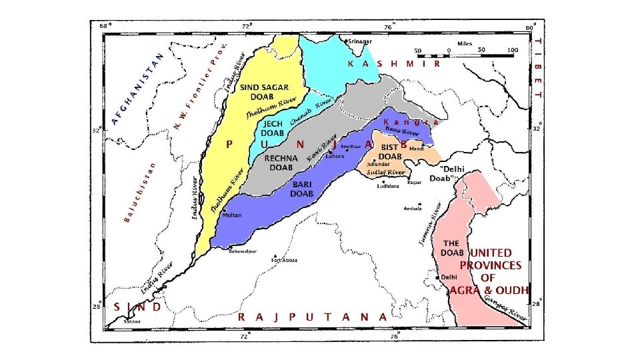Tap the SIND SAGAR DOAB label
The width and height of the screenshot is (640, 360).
(x=265, y=92)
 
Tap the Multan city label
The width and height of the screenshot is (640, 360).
(x=232, y=215)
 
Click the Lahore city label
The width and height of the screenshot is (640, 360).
(x=335, y=156)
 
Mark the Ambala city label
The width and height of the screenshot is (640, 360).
(x=413, y=208)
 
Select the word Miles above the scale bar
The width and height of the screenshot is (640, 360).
(x=465, y=43)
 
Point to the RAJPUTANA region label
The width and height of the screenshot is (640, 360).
(x=312, y=317)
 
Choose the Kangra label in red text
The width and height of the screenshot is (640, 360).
(x=411, y=122)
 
